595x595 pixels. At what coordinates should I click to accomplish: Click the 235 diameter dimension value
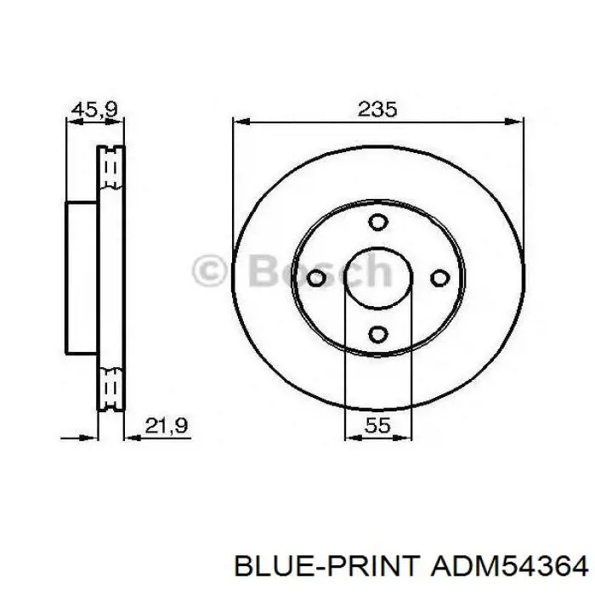pyautogui.click(x=377, y=109)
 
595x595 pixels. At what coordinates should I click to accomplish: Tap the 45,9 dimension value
pyautogui.click(x=95, y=110)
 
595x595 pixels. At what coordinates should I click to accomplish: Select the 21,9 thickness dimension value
pyautogui.click(x=167, y=425)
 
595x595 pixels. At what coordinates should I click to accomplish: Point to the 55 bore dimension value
pyautogui.click(x=377, y=425)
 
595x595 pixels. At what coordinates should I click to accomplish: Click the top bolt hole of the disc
pyautogui.click(x=378, y=222)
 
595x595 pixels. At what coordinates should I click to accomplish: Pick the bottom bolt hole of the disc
pyautogui.click(x=378, y=334)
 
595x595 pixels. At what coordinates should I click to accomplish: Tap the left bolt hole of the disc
pyautogui.click(x=316, y=278)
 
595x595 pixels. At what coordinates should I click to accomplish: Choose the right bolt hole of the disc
pyautogui.click(x=440, y=278)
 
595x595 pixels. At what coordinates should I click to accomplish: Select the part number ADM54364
pyautogui.click(x=510, y=567)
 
